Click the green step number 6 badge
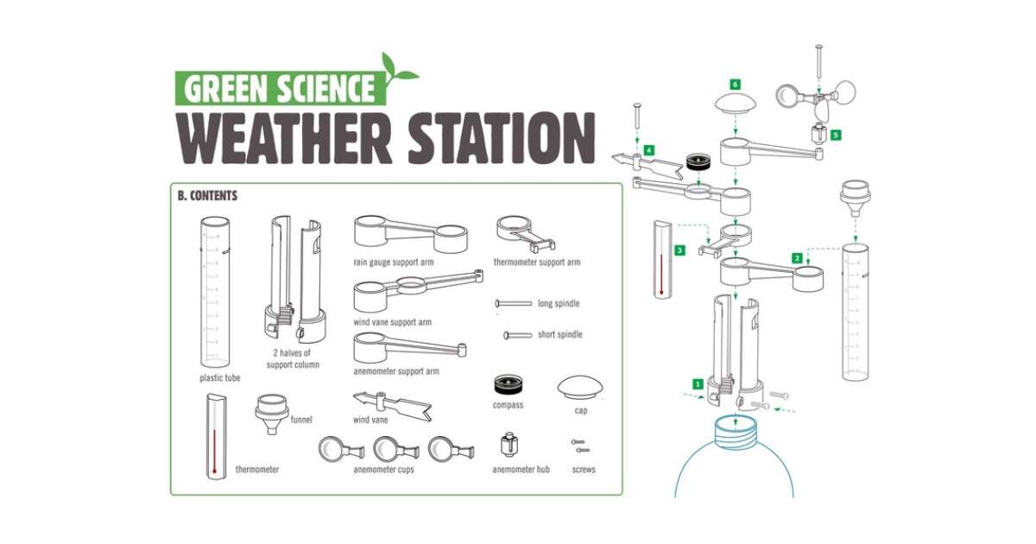tap(735, 85)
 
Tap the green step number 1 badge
tap(698, 384)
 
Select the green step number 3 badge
tap(679, 250)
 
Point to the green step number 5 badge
tap(836, 135)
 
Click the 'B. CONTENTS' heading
tap(208, 196)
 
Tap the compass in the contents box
tap(509, 385)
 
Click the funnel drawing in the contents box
tap(272, 414)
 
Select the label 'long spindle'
tap(559, 303)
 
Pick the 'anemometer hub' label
tap(521, 470)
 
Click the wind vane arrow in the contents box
tap(392, 406)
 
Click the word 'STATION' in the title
tap(502, 138)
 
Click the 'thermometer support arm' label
tap(536, 263)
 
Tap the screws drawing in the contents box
tap(580, 446)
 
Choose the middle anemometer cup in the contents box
tap(396, 449)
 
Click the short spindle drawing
tap(517, 335)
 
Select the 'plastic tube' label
tap(219, 378)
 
